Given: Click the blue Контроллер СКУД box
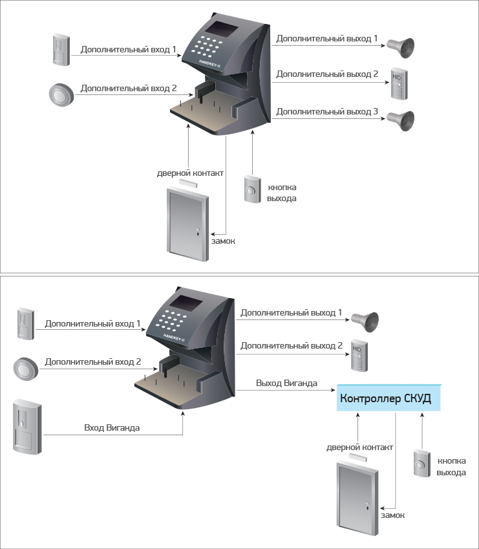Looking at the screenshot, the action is pyautogui.click(x=389, y=398).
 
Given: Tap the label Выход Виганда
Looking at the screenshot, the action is pyautogui.click(x=286, y=383).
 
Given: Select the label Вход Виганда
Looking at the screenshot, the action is pyautogui.click(x=112, y=427).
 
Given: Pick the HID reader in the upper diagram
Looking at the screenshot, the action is pyautogui.click(x=399, y=83).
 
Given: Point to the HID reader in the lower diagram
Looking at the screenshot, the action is pyautogui.click(x=359, y=355).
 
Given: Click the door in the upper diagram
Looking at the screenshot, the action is pyautogui.click(x=188, y=224).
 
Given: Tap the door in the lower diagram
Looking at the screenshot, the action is pyautogui.click(x=357, y=498).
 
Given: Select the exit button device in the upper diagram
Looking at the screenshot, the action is pyautogui.click(x=252, y=189).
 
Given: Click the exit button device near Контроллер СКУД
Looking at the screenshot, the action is pyautogui.click(x=422, y=463).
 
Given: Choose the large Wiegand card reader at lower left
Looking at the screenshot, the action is pyautogui.click(x=27, y=426).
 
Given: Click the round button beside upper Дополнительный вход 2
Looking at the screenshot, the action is pyautogui.click(x=61, y=94).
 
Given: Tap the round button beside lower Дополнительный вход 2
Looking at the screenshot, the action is pyautogui.click(x=26, y=369).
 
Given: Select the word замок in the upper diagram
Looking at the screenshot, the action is pyautogui.click(x=223, y=241).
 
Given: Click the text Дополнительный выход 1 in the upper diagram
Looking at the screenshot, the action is pyautogui.click(x=327, y=39).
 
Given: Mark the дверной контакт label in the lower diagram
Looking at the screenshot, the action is pyautogui.click(x=359, y=447).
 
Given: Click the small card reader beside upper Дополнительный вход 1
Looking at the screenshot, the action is pyautogui.click(x=61, y=49).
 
